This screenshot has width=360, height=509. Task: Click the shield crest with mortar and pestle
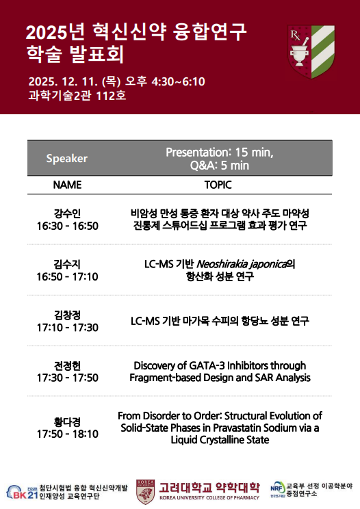(311, 52)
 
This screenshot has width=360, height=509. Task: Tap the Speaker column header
(67, 159)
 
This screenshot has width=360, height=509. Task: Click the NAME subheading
(67, 185)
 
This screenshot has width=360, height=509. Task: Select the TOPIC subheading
(218, 185)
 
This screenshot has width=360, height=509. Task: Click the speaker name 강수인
(67, 213)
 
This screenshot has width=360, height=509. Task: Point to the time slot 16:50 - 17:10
(67, 276)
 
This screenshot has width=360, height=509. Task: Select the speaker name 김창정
(67, 315)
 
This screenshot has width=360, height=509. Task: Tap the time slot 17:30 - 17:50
(67, 378)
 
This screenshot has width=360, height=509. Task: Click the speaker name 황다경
(67, 421)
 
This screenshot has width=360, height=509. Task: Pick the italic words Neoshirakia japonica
(242, 264)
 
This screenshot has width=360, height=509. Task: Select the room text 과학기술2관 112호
(77, 96)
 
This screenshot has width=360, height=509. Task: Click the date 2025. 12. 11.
(63, 81)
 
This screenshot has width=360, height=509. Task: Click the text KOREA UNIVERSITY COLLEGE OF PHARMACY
(209, 497)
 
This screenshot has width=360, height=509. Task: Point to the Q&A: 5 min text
(220, 166)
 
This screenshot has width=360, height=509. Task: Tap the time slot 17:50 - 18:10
(67, 434)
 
